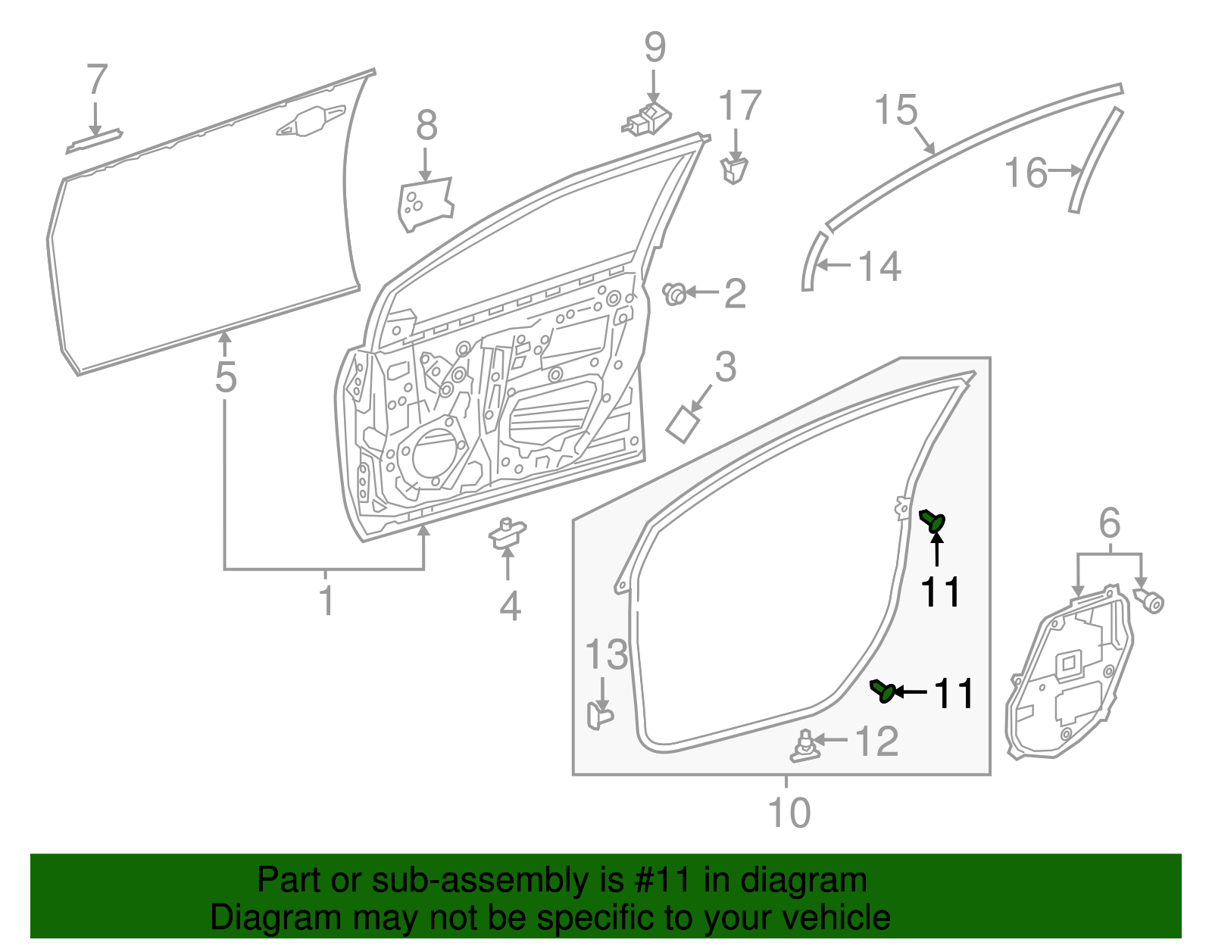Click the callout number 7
click(97, 79)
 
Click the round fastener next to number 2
click(674, 293)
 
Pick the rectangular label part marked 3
click(683, 424)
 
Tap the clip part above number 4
click(507, 532)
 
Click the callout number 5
click(225, 376)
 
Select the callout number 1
click(326, 601)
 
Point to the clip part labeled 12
click(806, 746)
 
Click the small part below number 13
click(599, 714)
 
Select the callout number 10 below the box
click(789, 813)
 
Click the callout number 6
click(1109, 523)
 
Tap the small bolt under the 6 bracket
click(1150, 601)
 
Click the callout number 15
click(895, 111)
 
